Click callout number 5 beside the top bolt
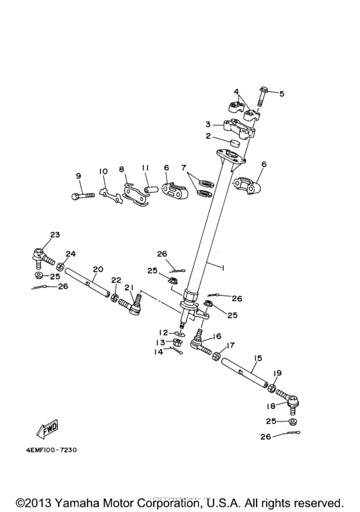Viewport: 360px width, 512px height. (281, 93)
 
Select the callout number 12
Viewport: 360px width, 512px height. (164, 332)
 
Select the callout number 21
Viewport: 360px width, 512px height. (129, 287)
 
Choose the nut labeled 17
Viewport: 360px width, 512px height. (219, 355)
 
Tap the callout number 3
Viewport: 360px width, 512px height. (208, 124)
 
